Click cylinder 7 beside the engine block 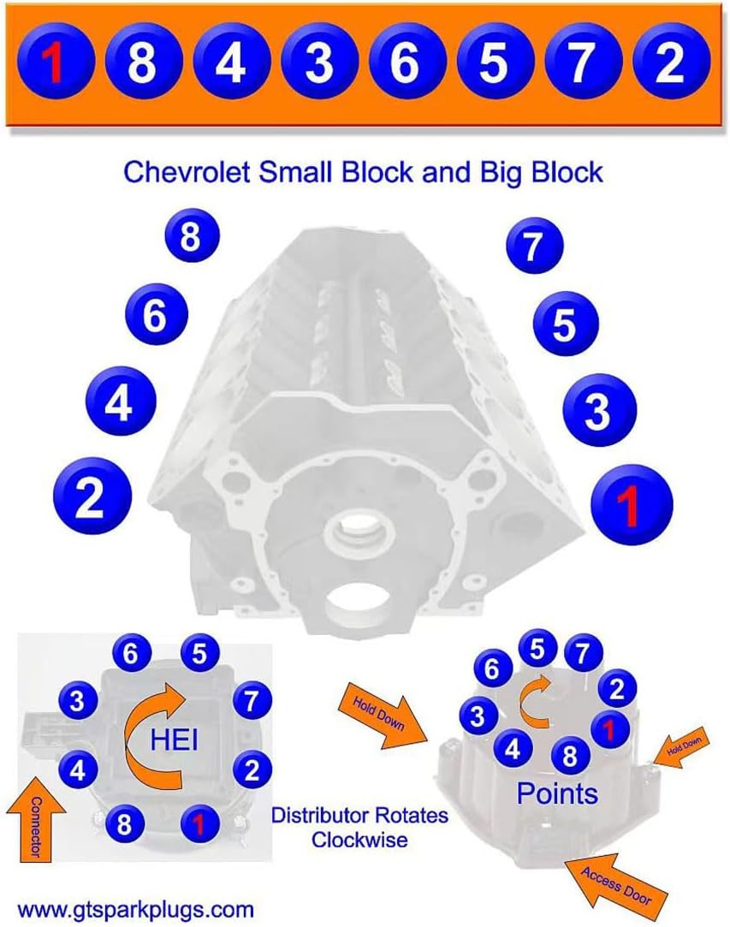pyautogui.click(x=533, y=247)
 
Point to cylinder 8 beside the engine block pyautogui.click(x=190, y=235)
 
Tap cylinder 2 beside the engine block pyautogui.click(x=91, y=497)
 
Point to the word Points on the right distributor pyautogui.click(x=557, y=793)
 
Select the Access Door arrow pyautogui.click(x=614, y=884)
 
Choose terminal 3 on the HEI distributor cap pyautogui.click(x=78, y=702)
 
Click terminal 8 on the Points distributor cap pyautogui.click(x=568, y=757)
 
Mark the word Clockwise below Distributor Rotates pyautogui.click(x=359, y=840)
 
